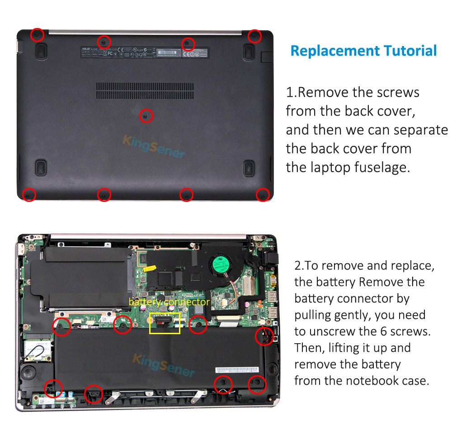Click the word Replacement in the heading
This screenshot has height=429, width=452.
coord(334,51)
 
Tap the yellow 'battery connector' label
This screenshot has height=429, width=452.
coord(169,302)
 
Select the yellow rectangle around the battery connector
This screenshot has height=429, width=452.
coord(165,323)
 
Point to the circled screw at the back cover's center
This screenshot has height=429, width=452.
coord(145,116)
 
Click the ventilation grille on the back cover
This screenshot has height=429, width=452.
coord(145,90)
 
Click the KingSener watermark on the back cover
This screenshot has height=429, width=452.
coord(154,145)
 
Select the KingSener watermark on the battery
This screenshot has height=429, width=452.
coord(164,365)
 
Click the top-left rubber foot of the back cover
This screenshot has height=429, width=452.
coord(41,51)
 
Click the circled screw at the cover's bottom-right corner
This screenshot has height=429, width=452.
coord(263,195)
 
